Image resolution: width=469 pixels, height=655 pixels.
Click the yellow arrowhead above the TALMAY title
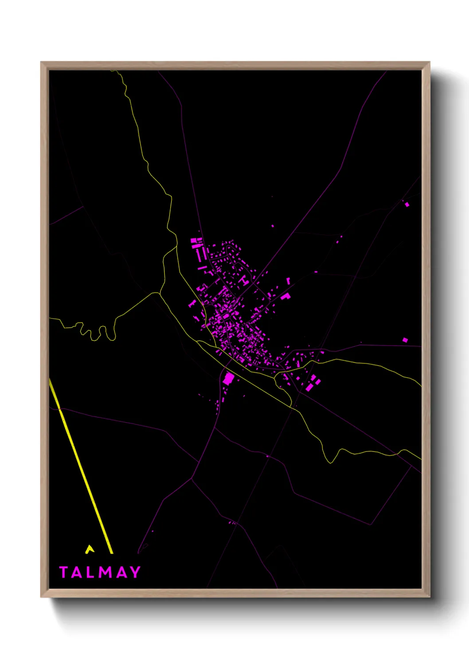[x=90, y=549]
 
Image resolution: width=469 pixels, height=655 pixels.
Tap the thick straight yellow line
[x=82, y=469]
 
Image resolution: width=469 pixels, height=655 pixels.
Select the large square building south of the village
[x=228, y=378]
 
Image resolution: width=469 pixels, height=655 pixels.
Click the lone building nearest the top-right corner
[x=407, y=204]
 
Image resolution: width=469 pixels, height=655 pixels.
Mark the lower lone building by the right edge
[x=405, y=340]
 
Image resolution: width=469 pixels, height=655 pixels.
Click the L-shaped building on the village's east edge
[x=285, y=296]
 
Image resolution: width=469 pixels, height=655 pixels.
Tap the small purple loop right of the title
[x=143, y=548]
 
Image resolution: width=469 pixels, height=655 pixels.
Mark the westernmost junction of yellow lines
[x=159, y=293]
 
